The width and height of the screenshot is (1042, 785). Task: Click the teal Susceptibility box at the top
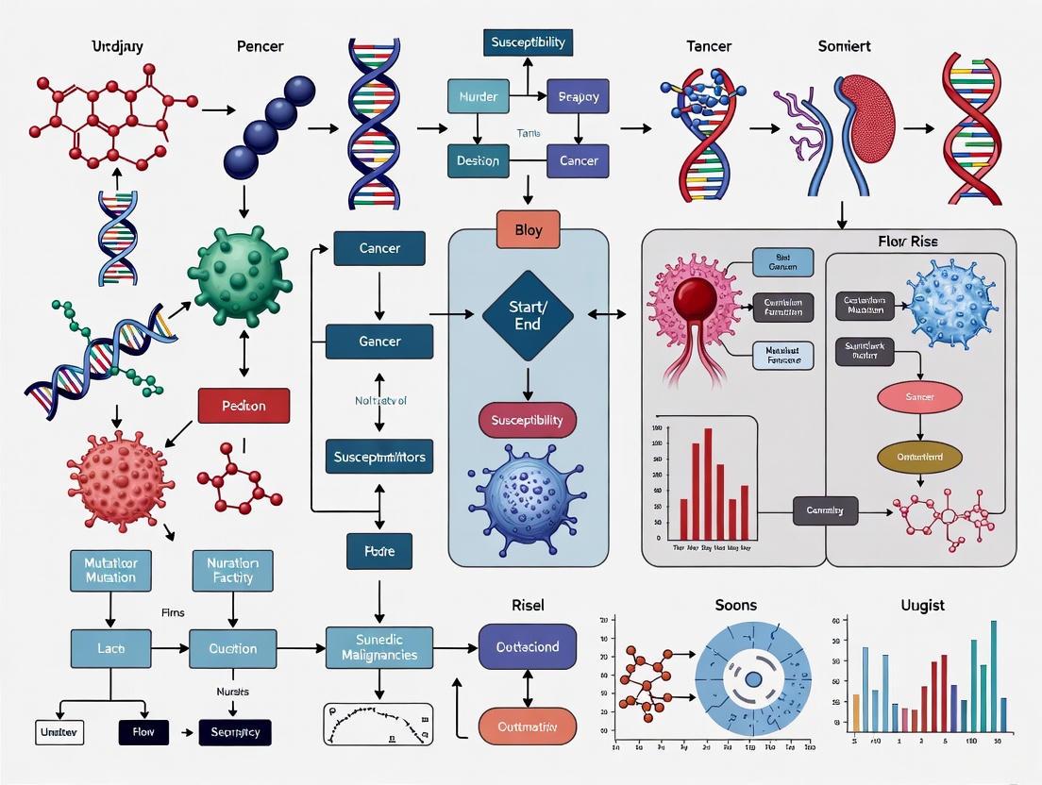pos(528,42)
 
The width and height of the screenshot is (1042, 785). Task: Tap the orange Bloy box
pos(529,230)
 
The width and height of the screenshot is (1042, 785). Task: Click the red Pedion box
pos(243,406)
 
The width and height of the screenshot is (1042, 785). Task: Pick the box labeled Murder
pos(478,97)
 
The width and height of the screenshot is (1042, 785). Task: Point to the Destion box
pos(478,160)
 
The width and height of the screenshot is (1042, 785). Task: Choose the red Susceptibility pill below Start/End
pos(528,420)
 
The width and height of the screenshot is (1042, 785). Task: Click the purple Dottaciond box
pos(527,647)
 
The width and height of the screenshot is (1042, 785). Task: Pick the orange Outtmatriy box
pos(527,727)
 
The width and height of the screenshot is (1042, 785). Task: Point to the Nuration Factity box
pos(232,569)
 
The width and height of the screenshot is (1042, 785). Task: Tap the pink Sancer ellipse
pos(919,397)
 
